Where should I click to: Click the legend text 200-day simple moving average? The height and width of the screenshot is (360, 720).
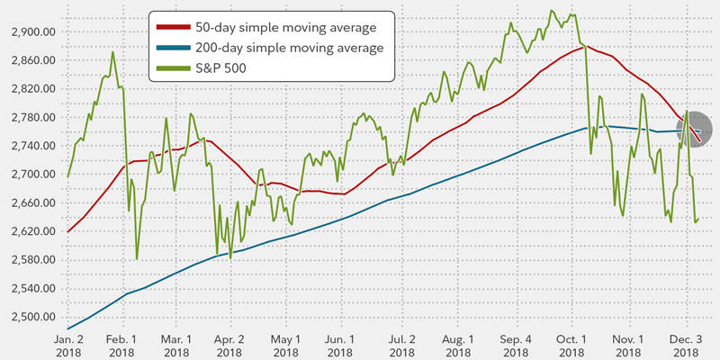pos(294,47)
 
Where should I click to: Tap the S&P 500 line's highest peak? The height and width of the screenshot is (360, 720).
pos(550,10)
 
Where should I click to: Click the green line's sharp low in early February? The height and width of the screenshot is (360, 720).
pos(137,258)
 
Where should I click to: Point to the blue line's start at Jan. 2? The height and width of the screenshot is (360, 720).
pos(68,328)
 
